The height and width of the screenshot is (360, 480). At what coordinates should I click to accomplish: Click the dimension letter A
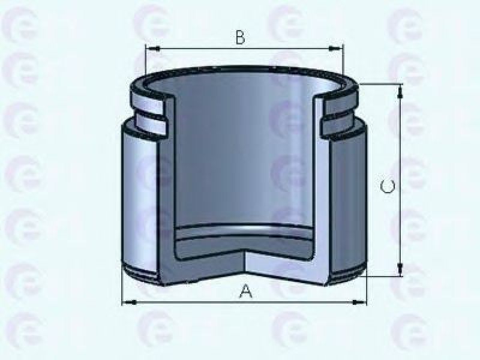[x=245, y=291]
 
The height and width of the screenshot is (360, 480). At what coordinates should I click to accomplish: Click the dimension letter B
[x=241, y=37]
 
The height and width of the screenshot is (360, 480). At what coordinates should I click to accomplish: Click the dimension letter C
[x=388, y=186]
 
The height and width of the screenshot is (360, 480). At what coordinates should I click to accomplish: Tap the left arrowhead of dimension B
[x=153, y=49]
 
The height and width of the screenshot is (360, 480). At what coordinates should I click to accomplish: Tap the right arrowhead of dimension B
[x=336, y=49]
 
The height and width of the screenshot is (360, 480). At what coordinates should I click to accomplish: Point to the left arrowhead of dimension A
[x=129, y=302]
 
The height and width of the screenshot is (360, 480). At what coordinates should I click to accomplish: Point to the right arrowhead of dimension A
[x=359, y=302]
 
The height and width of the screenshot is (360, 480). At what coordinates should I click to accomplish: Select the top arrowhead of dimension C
[x=400, y=92]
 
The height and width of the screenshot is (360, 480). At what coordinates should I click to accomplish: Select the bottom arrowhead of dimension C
[x=400, y=269]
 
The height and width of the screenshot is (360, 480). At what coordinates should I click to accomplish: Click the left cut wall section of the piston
[x=167, y=199]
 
